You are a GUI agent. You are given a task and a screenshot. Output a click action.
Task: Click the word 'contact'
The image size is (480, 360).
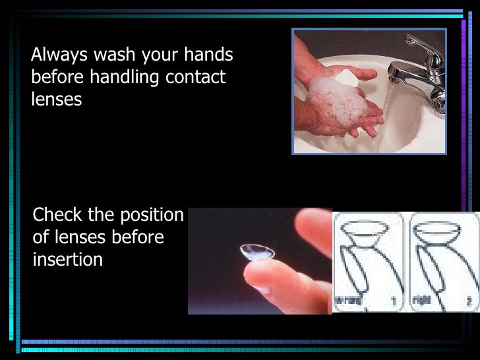(x=196, y=77)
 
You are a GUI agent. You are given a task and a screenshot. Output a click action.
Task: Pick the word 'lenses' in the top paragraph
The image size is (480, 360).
(x=56, y=100)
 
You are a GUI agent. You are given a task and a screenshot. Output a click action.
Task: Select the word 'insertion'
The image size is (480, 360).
(x=67, y=260)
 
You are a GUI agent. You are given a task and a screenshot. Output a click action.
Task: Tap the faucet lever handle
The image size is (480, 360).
(x=422, y=45)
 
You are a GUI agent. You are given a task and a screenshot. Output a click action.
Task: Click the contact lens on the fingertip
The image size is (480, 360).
(x=256, y=253)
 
